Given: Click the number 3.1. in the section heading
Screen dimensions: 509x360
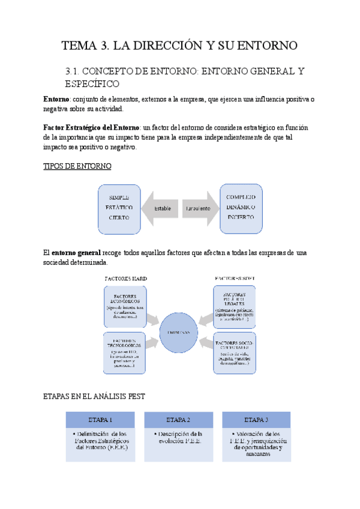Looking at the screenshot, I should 75,72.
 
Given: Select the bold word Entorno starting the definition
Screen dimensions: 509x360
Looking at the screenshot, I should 56,98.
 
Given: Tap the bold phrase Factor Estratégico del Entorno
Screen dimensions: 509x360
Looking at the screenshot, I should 91,128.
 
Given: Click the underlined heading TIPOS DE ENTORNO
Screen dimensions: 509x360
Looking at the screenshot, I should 77,166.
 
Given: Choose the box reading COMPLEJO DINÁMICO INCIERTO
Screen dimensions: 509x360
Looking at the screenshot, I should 241,208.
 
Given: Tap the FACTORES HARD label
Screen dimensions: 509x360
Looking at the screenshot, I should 126,279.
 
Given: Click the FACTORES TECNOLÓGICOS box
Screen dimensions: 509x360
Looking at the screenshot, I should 125,352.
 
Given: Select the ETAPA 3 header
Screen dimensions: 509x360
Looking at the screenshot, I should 256,420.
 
